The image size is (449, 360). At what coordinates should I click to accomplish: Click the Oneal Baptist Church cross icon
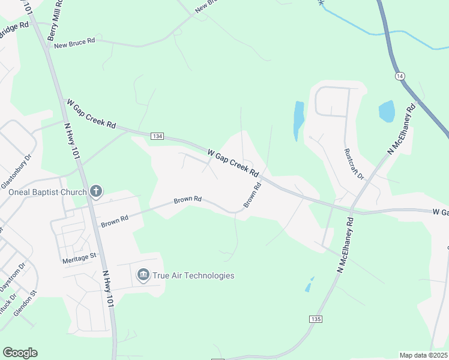click(96, 192)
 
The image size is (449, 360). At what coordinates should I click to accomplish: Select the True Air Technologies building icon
click(143, 275)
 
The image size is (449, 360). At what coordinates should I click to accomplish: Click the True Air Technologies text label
click(193, 275)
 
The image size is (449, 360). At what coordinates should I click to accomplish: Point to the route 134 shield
click(157, 136)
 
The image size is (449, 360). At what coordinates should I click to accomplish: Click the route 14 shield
click(400, 76)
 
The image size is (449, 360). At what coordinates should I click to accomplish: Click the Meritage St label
click(79, 257)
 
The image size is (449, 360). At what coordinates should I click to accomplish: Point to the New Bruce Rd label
click(74, 42)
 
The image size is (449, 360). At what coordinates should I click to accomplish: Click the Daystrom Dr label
click(13, 276)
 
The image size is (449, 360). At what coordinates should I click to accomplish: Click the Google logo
click(20, 353)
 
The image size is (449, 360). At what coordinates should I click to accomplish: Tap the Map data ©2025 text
click(423, 355)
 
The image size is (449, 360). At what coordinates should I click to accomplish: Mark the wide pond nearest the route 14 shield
click(386, 112)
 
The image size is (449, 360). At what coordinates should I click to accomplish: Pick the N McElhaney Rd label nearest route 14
click(401, 130)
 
